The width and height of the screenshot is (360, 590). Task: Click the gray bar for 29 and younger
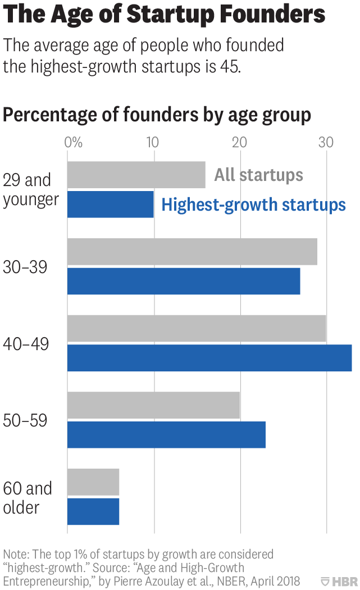click(x=136, y=175)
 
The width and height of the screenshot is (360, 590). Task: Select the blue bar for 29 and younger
click(x=110, y=205)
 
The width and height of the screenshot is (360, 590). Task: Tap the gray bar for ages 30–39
click(x=192, y=252)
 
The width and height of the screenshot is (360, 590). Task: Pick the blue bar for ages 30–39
click(x=184, y=281)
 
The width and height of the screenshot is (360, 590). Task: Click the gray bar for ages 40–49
click(x=197, y=329)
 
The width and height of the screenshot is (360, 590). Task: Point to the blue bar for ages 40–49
click(x=209, y=358)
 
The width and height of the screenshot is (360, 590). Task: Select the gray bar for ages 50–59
click(x=153, y=405)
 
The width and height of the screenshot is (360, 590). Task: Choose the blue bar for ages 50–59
click(x=166, y=435)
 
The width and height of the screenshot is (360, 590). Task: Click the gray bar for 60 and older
click(x=93, y=482)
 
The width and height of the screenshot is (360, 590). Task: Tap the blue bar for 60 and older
click(x=93, y=511)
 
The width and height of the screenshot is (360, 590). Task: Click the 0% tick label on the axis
click(x=74, y=142)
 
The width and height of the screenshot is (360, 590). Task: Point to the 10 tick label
click(x=153, y=142)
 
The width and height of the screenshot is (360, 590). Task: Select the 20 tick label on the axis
click(x=240, y=142)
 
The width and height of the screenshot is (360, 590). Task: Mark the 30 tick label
click(x=326, y=142)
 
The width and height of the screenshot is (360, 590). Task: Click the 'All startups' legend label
click(x=258, y=175)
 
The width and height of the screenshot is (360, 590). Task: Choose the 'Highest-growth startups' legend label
click(x=253, y=205)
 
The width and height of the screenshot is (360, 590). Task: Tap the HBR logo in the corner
click(x=339, y=581)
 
